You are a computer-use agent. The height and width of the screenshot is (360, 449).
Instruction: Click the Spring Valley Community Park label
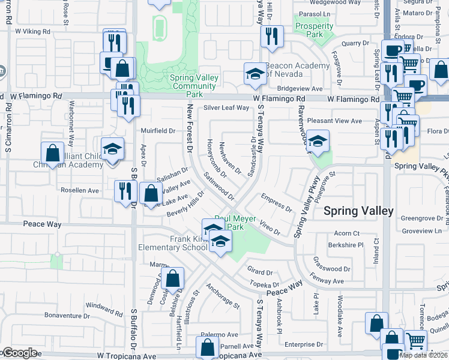(193, 86)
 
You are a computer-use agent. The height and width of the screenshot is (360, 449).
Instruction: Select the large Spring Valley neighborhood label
(358, 211)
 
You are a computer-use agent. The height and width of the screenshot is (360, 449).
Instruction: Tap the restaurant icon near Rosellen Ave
(125, 191)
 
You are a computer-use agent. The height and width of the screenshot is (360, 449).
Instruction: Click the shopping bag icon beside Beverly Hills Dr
(151, 194)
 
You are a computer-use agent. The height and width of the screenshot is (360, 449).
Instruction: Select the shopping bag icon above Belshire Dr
(172, 278)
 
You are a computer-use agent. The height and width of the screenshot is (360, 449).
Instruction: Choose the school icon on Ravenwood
(318, 141)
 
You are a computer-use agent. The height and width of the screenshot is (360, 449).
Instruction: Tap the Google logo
(19, 353)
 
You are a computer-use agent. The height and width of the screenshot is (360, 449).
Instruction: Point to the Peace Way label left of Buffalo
(43, 224)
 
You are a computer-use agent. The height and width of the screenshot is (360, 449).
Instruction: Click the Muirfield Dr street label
(157, 130)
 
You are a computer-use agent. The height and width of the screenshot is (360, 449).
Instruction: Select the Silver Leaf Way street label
(226, 108)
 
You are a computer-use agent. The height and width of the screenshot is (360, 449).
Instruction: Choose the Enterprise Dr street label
(304, 344)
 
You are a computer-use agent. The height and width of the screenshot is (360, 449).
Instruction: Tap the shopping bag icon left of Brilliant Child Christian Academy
(52, 152)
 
